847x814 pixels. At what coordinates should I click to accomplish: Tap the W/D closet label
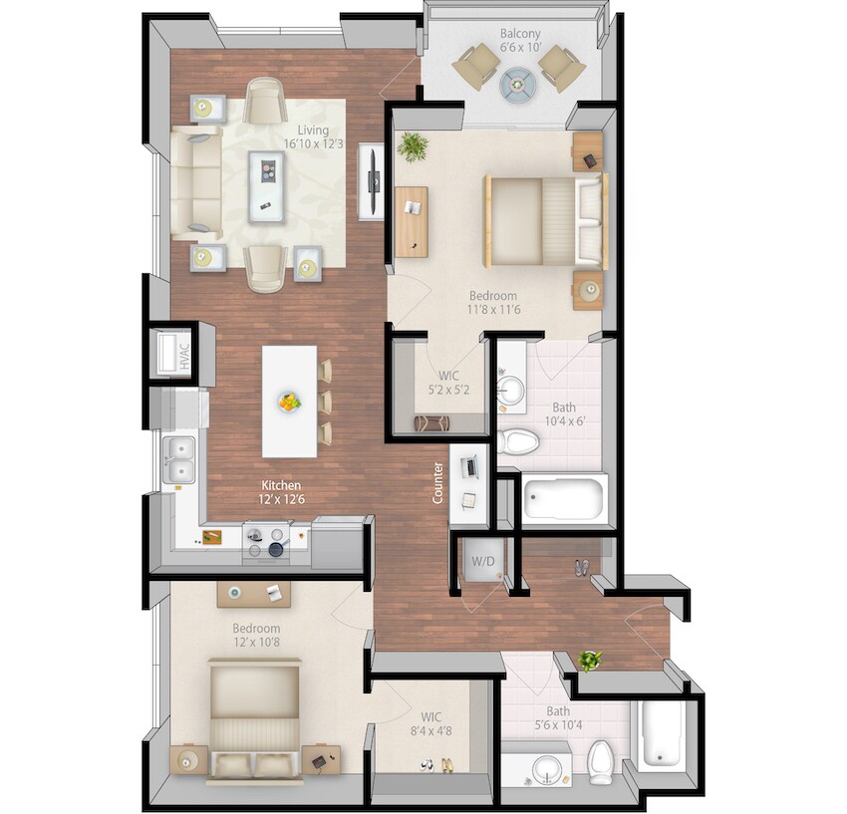[482, 562]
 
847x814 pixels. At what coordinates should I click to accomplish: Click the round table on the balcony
[520, 86]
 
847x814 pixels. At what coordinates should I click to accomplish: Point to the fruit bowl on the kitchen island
[289, 402]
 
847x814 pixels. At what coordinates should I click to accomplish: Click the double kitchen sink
[179, 457]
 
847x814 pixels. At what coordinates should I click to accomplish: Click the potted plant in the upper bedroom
[412, 147]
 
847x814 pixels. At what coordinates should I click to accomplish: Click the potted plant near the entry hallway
[591, 660]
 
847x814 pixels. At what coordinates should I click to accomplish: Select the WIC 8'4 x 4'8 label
[430, 723]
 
